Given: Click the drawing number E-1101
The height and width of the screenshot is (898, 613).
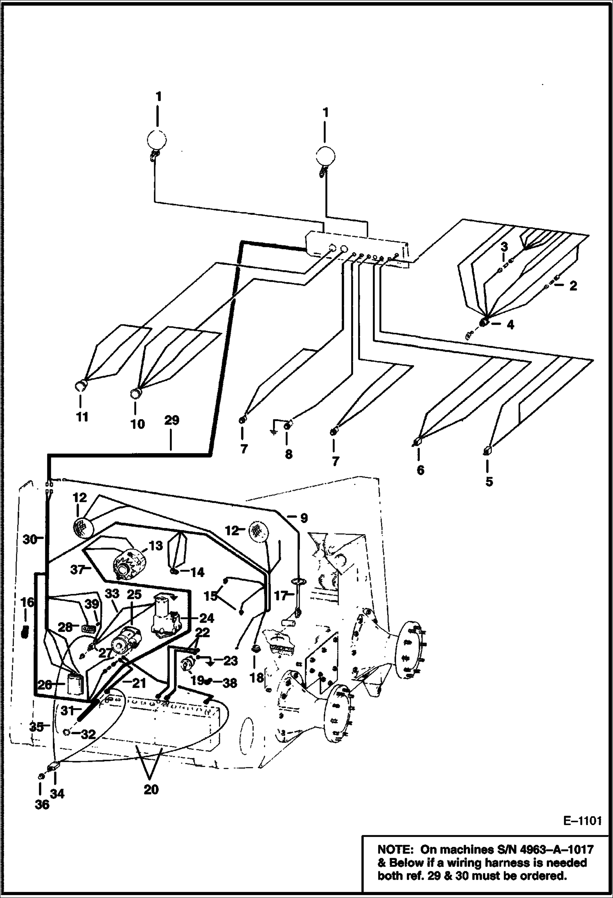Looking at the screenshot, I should point(581,821).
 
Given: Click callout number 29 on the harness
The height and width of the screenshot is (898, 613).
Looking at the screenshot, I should point(172,420).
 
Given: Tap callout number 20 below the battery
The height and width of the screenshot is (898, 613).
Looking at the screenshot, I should point(151,789).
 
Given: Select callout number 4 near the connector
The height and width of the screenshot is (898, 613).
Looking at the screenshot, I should point(510,325).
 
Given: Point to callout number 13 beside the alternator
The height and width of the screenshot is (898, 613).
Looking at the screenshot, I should point(156,546).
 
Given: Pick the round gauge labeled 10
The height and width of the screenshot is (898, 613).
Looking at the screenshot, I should point(135,394).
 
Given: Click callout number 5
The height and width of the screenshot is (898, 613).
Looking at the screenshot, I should point(489,481).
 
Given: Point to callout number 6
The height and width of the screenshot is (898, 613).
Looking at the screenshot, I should point(420,470).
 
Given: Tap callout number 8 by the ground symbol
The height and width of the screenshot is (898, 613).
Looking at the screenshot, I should point(288,454).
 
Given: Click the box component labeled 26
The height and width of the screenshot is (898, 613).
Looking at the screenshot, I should point(75,684).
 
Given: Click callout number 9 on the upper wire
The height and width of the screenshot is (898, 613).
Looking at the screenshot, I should point(303,518).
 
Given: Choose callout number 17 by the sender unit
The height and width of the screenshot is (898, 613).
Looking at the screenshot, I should point(281,596).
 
